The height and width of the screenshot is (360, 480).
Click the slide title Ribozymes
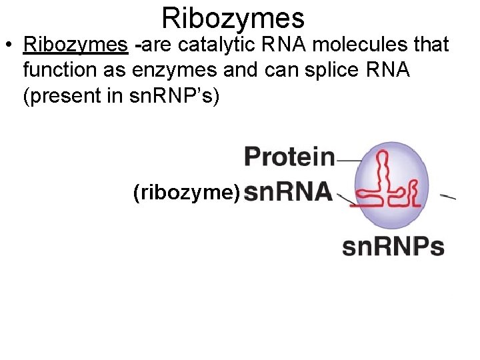point(233,18)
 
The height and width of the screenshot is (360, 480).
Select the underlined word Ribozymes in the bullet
point(75,46)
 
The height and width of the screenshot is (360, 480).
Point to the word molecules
point(345,46)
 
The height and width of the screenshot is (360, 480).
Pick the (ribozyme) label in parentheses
point(187,193)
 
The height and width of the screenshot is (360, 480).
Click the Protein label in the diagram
point(289,157)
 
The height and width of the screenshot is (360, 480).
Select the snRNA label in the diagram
point(288,193)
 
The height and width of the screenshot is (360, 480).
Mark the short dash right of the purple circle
point(448,197)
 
